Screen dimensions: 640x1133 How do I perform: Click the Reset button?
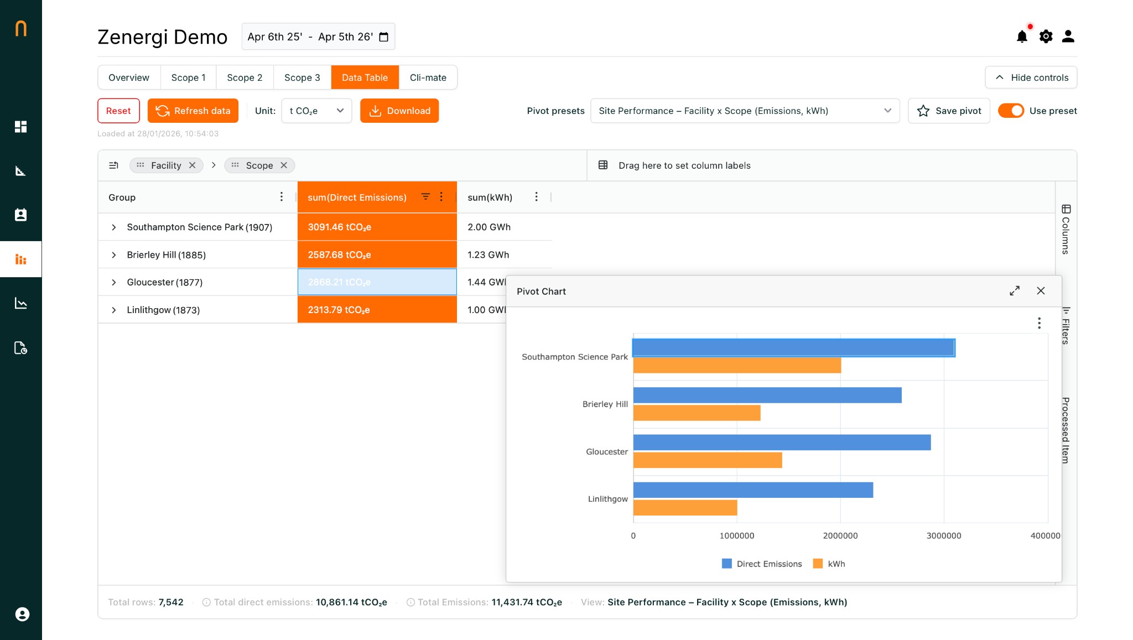[118, 111]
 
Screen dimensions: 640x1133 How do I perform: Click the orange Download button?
[399, 111]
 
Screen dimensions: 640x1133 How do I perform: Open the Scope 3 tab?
[302, 77]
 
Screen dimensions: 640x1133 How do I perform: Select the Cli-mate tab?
[428, 77]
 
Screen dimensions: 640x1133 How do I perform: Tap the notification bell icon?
[1022, 37]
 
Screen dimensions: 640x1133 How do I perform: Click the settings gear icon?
[1046, 37]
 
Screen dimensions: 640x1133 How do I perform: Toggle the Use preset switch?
[1011, 111]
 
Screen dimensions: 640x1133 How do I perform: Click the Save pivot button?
[949, 111]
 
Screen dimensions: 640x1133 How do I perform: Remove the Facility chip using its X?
[193, 165]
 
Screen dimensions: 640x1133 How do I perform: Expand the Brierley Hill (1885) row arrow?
[114, 255]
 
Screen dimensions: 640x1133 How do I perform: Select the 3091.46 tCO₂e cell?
[377, 227]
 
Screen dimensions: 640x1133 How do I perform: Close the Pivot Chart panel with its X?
[1041, 291]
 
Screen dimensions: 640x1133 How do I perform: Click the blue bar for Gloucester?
[781, 443]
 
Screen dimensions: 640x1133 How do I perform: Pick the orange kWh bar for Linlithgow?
[685, 508]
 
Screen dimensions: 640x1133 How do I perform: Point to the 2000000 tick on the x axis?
[840, 535]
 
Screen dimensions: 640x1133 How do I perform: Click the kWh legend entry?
[829, 564]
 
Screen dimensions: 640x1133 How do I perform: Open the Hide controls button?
[1031, 77]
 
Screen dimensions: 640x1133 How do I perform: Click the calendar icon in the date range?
[384, 37]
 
